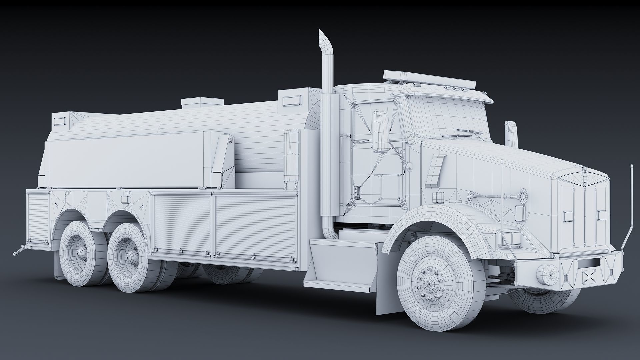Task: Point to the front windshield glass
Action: (x=447, y=117)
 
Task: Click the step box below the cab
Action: (x=340, y=263)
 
